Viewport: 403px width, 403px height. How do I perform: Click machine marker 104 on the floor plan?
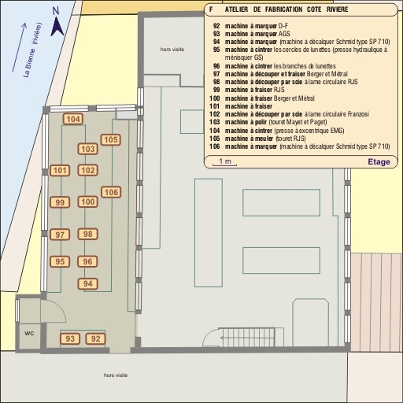(x=73, y=119)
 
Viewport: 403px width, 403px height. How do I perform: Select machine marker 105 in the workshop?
(x=111, y=139)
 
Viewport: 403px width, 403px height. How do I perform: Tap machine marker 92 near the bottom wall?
(x=95, y=338)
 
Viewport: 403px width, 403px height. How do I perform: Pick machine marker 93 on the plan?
(x=70, y=338)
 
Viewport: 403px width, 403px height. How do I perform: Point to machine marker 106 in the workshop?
(x=111, y=192)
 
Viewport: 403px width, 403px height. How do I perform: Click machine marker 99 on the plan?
(x=60, y=202)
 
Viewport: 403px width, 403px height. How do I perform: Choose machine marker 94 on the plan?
(x=88, y=284)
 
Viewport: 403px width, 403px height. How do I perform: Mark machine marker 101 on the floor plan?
(x=60, y=171)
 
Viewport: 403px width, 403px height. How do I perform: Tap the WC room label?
(x=29, y=333)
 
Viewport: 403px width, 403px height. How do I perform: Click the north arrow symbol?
(x=57, y=27)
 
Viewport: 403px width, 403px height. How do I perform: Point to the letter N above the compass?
(x=56, y=11)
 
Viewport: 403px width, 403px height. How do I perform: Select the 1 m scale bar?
(x=224, y=165)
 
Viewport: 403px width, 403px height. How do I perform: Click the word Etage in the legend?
(x=379, y=162)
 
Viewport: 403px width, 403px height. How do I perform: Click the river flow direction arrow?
(x=19, y=47)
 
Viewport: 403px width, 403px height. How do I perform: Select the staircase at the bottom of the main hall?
(x=248, y=338)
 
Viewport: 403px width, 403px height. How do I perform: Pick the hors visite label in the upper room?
(x=172, y=50)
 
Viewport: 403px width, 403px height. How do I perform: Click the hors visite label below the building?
(x=116, y=375)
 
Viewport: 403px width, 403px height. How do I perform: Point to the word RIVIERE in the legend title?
(x=337, y=9)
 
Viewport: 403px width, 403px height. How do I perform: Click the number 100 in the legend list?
(x=215, y=98)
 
